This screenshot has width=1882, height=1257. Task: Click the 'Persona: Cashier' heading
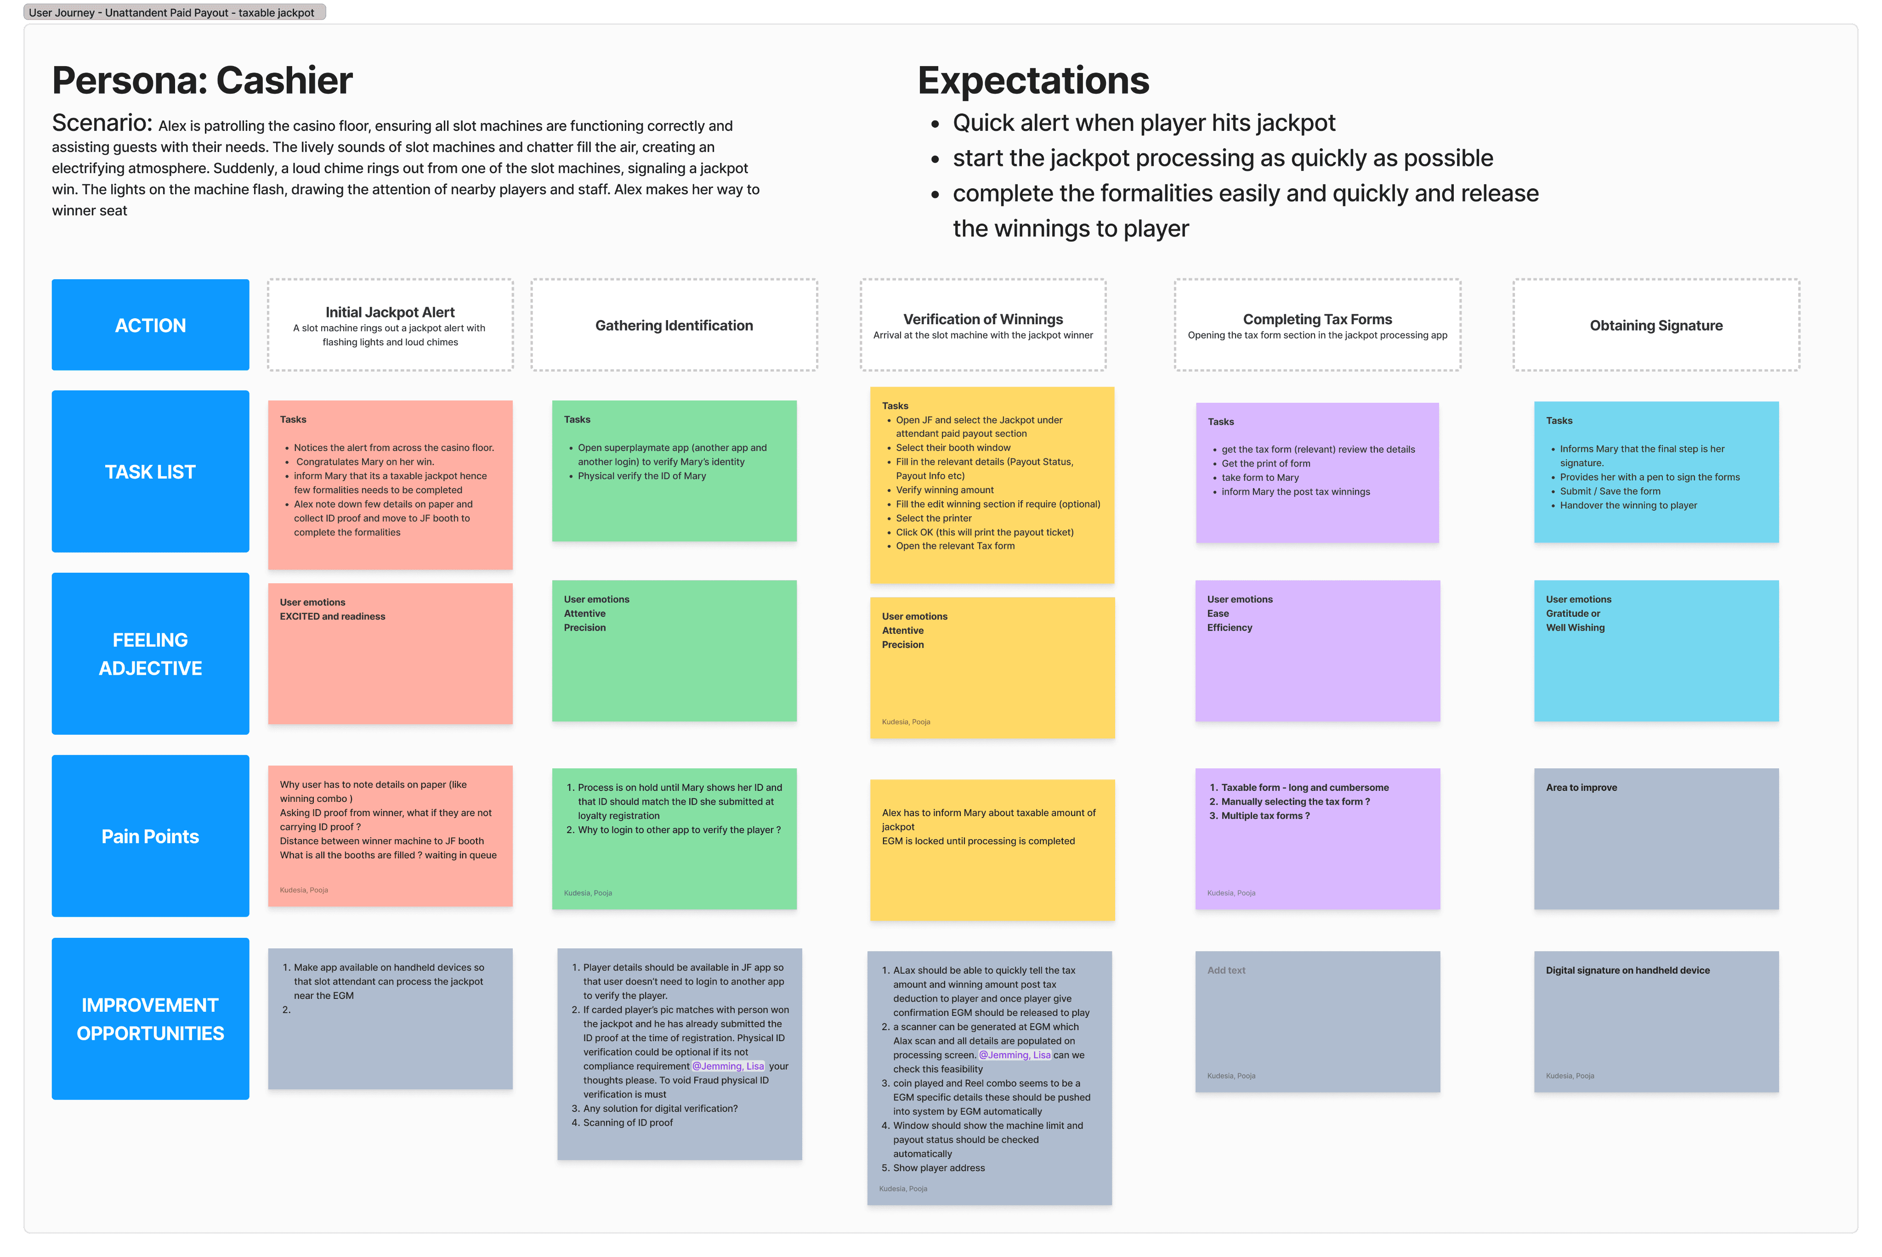(x=202, y=81)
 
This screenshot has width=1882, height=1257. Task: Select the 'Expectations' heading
(x=1033, y=81)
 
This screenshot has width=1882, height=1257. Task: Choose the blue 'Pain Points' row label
(x=150, y=837)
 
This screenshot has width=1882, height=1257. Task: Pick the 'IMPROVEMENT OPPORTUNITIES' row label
(x=150, y=1019)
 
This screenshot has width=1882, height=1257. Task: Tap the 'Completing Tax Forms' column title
(x=1317, y=319)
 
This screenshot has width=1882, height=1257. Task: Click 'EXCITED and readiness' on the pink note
(x=332, y=616)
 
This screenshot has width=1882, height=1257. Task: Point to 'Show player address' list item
(x=938, y=1168)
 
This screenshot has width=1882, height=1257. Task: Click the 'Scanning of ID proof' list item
(x=627, y=1123)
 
